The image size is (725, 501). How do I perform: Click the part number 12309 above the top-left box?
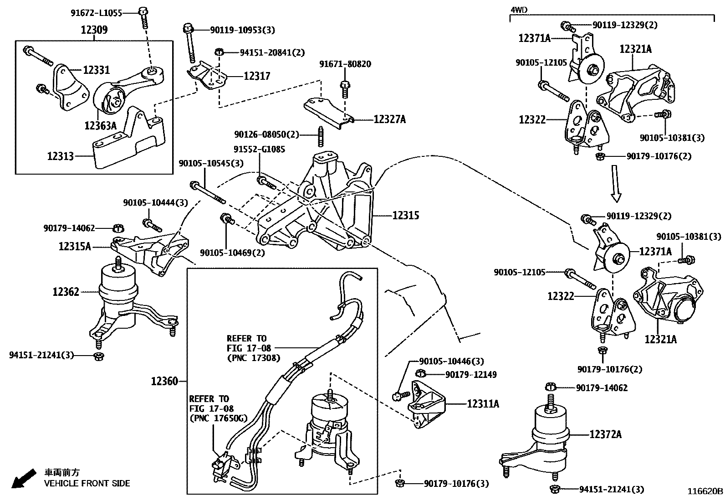coord(94,30)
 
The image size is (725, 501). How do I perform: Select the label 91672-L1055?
coord(96,13)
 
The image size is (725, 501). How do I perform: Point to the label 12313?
coord(60,156)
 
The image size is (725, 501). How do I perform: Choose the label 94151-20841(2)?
coord(272,53)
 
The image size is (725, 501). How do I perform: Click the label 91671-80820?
coord(345,64)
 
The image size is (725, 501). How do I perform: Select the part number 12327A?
coord(389,119)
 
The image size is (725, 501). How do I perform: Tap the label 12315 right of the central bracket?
coord(406,215)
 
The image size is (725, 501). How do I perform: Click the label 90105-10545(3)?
coord(211,163)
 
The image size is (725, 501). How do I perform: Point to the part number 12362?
coord(66,292)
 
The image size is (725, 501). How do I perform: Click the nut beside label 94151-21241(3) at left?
coord(97,356)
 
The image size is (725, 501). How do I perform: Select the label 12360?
coord(164,381)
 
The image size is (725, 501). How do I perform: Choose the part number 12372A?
coord(605,434)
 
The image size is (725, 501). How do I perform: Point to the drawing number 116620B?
coord(705,491)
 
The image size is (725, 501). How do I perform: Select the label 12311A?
coord(482,403)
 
